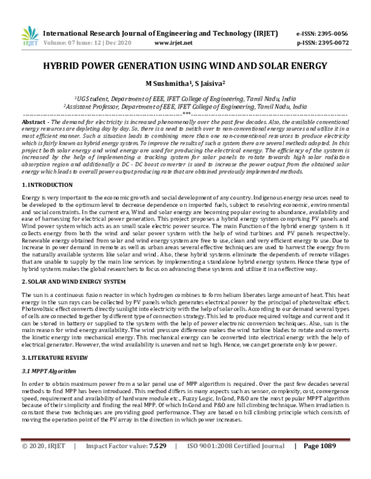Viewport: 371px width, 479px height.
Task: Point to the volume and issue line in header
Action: click(x=85, y=44)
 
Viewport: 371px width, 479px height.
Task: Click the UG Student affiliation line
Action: click(x=185, y=98)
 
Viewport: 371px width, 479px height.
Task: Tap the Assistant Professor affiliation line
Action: click(x=185, y=106)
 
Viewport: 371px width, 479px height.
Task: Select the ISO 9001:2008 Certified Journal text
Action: click(x=231, y=464)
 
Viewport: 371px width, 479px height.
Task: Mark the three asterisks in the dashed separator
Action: click(x=185, y=115)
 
